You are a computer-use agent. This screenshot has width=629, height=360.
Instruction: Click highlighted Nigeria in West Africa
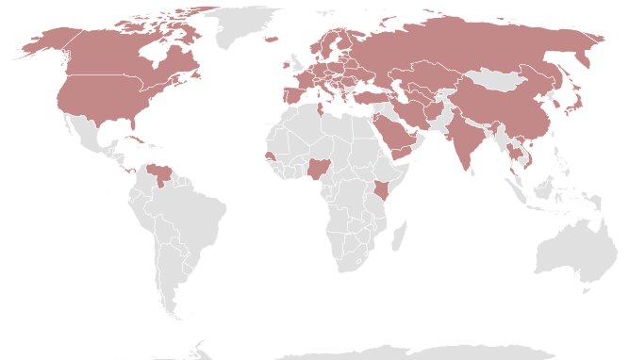[x=320, y=171]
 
